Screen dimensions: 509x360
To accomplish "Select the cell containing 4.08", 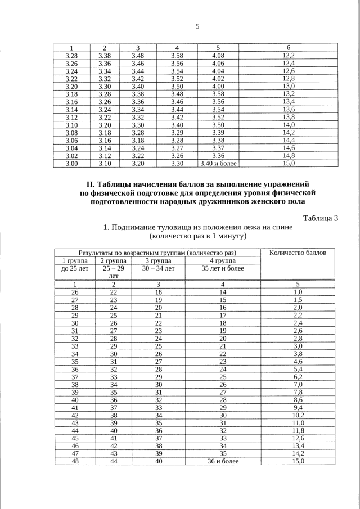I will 218,55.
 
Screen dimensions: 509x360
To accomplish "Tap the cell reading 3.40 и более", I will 218,163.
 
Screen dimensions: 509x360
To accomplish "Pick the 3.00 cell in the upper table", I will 71,163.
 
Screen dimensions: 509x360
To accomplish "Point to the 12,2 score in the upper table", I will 288,55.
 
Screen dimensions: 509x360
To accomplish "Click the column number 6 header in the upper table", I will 288,47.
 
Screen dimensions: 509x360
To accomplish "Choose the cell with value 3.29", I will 177,132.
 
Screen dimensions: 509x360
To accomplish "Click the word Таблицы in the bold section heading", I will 117,184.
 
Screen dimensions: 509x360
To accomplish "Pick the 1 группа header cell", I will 75,260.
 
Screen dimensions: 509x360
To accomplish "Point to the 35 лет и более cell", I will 223,268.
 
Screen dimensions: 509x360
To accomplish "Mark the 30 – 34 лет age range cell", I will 159,268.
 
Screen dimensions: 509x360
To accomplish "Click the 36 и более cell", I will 223,461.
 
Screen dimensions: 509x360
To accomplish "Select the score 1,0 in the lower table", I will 298,292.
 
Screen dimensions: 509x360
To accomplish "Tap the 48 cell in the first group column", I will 75,461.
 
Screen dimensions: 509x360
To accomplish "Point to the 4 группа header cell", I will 223,260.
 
